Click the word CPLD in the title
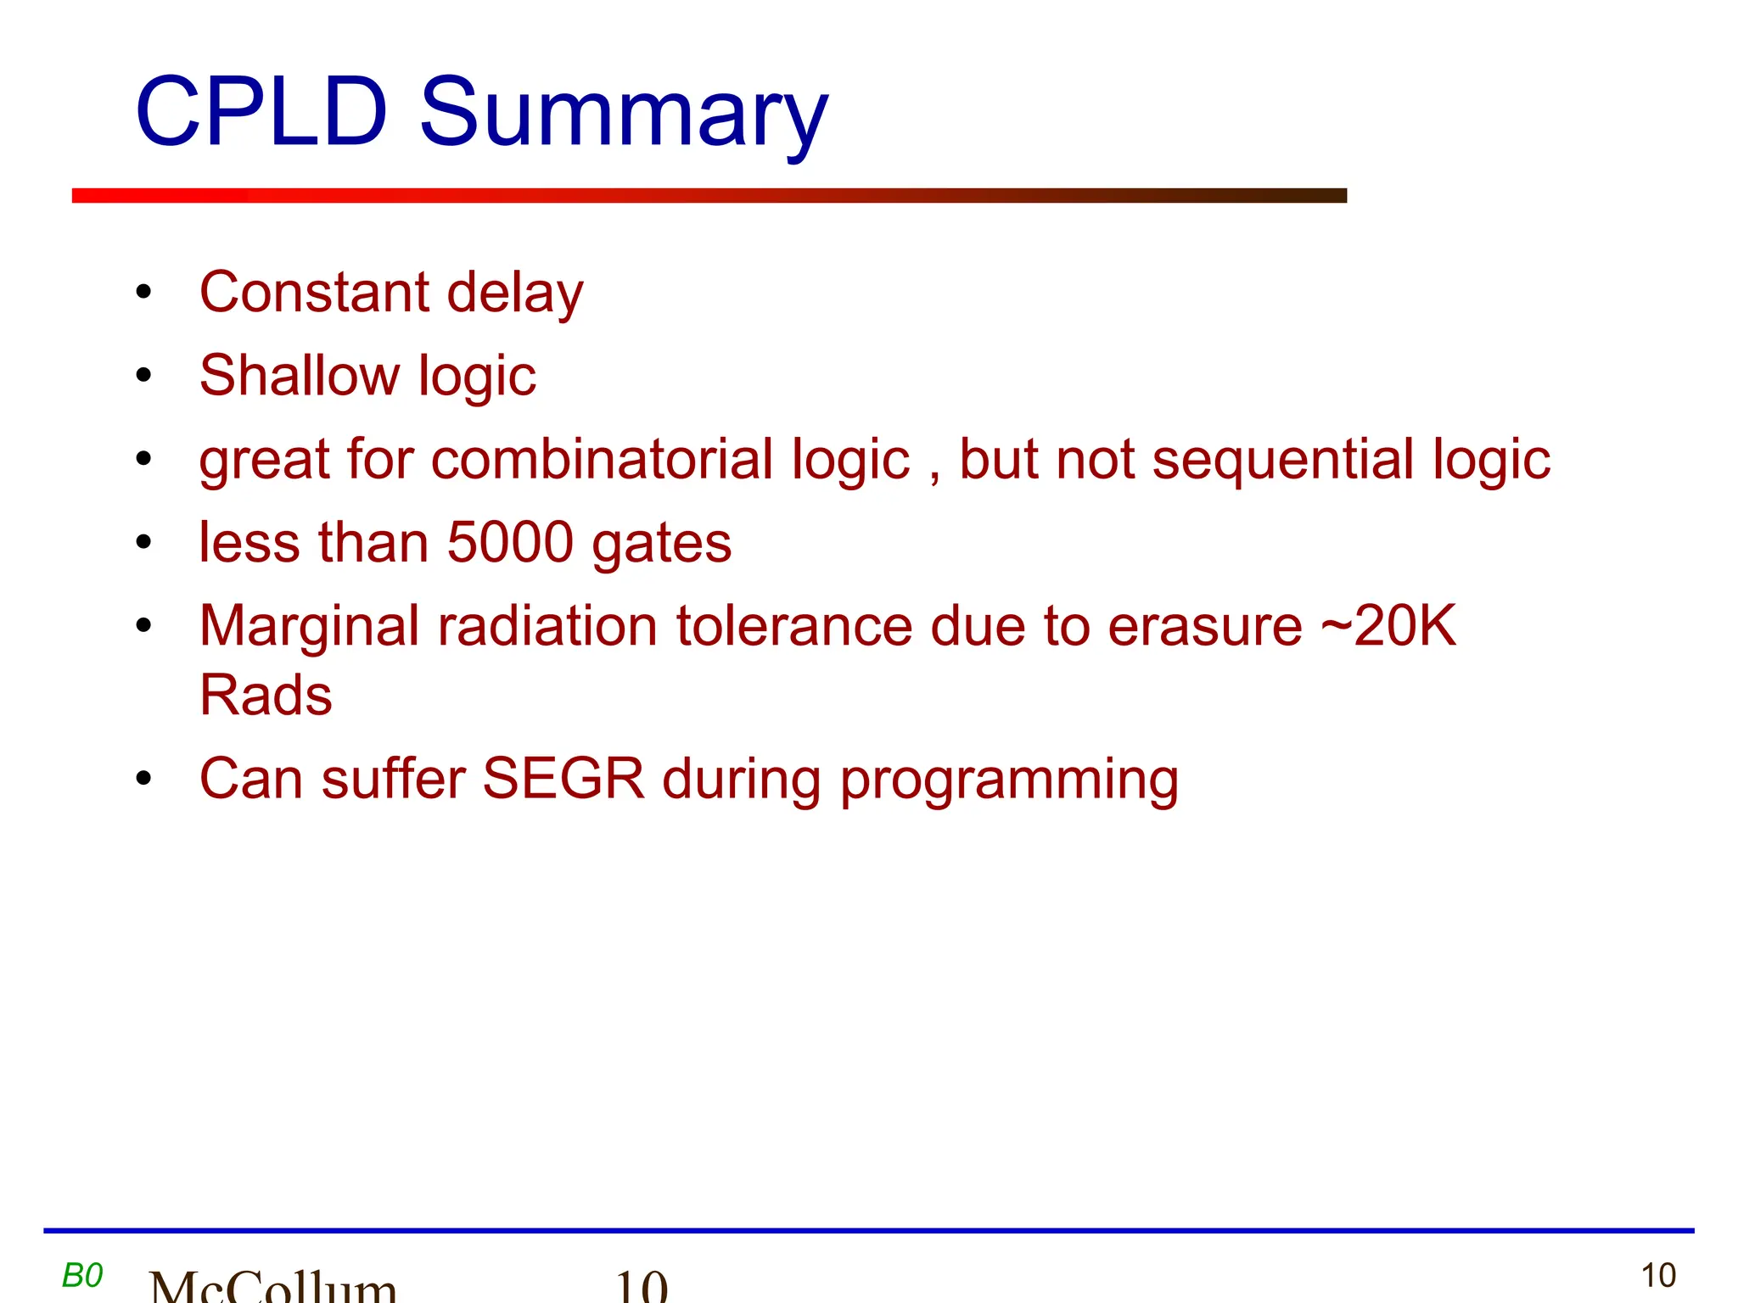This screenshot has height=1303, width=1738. pyautogui.click(x=261, y=112)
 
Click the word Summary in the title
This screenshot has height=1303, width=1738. pyautogui.click(x=624, y=115)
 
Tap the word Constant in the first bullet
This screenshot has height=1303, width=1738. pyautogui.click(x=314, y=292)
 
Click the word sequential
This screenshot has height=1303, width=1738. pyautogui.click(x=1283, y=461)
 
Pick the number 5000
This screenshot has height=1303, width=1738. pyautogui.click(x=510, y=542)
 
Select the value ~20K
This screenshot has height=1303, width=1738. pyautogui.click(x=1388, y=625)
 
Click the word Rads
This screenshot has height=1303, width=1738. pyautogui.click(x=266, y=695)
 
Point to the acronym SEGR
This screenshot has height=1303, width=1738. pyautogui.click(x=563, y=778)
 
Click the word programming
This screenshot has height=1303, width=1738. pyautogui.click(x=1009, y=780)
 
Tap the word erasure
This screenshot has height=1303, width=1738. pyautogui.click(x=1204, y=626)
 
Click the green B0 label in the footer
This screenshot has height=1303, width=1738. pyautogui.click(x=82, y=1275)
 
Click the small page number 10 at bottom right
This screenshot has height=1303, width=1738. pyautogui.click(x=1657, y=1276)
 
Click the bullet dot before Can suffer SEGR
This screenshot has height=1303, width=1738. pyautogui.click(x=143, y=778)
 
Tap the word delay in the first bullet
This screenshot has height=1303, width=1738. pyautogui.click(x=515, y=294)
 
